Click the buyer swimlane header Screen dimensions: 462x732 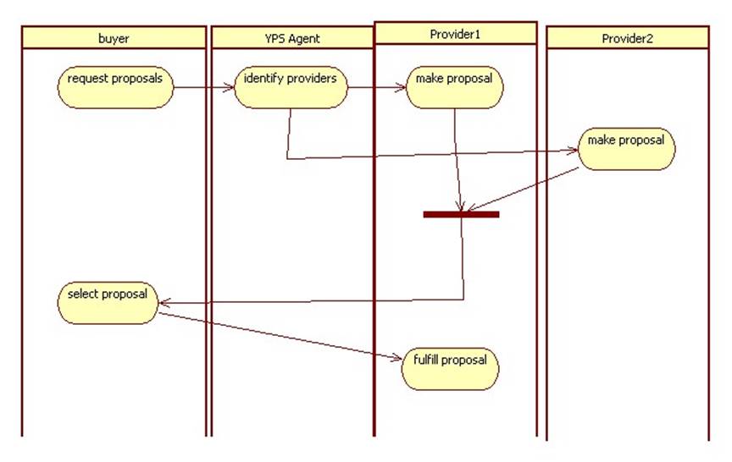click(x=114, y=38)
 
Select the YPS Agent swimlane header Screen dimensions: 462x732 click(x=291, y=38)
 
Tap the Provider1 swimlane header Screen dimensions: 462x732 click(x=455, y=33)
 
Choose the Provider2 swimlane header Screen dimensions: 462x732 click(x=627, y=38)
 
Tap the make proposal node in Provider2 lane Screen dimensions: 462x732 click(x=627, y=147)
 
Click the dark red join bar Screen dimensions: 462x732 click(x=461, y=214)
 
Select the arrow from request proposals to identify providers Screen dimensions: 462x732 click(x=203, y=86)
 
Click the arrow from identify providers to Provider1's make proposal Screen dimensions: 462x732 click(x=377, y=86)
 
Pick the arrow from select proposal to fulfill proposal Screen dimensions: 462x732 click(x=280, y=337)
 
